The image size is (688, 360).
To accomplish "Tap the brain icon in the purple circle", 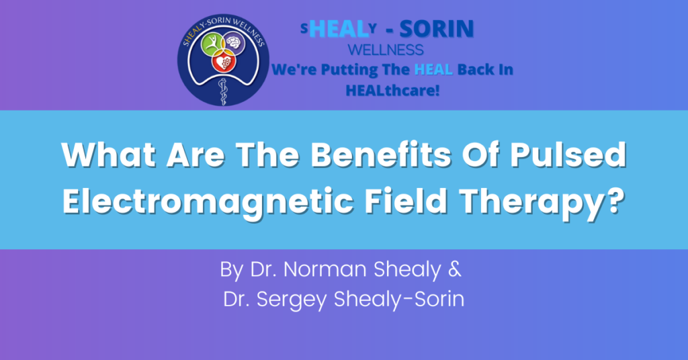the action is tap(234, 43).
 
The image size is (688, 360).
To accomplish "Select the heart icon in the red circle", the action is tap(224, 62).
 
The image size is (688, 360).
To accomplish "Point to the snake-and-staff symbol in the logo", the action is tap(223, 91).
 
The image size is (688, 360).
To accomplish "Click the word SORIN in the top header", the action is tap(437, 29).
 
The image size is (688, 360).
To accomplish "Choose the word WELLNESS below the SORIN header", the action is tap(386, 50).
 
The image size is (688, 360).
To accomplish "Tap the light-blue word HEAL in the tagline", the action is tap(433, 69).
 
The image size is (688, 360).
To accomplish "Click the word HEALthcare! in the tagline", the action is tap(392, 90).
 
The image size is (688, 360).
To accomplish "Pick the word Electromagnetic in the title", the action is tap(208, 202).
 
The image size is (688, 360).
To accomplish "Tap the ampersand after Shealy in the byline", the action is tap(455, 269).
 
